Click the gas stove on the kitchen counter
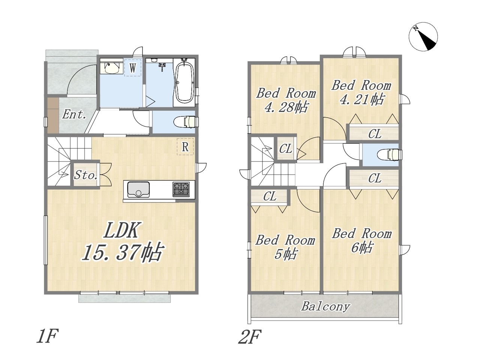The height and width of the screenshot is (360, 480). [x=181, y=189]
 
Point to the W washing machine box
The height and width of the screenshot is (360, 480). [x=132, y=68]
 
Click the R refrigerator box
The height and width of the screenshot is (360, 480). [x=185, y=147]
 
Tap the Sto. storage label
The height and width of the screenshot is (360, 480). [x=85, y=175]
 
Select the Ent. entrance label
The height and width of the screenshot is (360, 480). [x=74, y=114]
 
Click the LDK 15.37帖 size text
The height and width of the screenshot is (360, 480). [x=123, y=241]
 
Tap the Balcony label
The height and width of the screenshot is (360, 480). [x=325, y=307]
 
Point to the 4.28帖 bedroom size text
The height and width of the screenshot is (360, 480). [x=286, y=107]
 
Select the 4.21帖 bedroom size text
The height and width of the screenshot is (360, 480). [x=361, y=99]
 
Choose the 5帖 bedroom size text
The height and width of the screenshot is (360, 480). [x=286, y=254]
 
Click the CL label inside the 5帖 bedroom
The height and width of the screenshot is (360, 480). [x=270, y=196]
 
